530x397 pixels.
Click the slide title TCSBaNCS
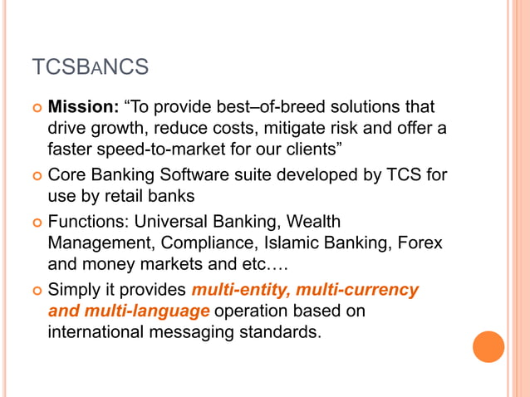[90, 67]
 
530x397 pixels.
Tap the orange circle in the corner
[488, 346]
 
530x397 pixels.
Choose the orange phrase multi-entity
[240, 291]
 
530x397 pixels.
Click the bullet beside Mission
[35, 109]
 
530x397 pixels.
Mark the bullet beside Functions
[35, 223]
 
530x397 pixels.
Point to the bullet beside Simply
[35, 292]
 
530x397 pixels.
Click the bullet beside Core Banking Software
[35, 177]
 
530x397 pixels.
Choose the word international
[96, 332]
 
